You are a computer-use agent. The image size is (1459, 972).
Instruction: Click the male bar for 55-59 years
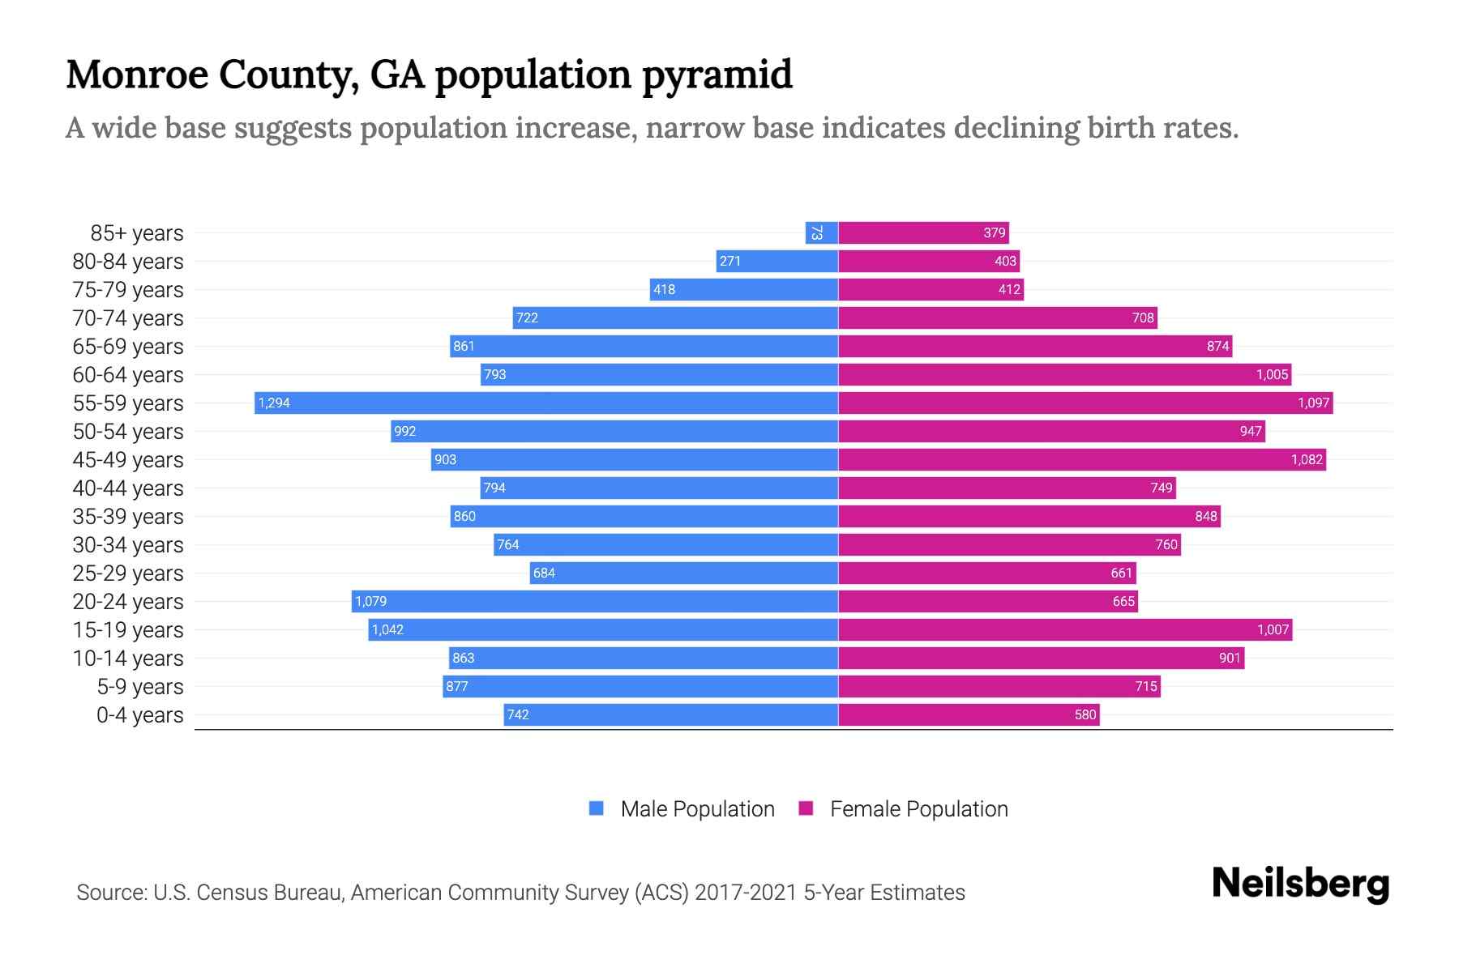(546, 403)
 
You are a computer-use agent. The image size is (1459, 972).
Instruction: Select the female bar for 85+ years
(923, 232)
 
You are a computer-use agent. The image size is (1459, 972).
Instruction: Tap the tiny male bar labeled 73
(821, 232)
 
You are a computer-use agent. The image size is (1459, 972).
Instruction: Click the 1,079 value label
(371, 601)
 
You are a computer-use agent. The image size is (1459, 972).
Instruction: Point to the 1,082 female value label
(1307, 459)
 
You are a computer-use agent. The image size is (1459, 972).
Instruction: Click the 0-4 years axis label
(139, 714)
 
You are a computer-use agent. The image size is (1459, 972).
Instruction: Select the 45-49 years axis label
(128, 459)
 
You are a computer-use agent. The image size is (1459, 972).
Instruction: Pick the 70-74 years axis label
(128, 318)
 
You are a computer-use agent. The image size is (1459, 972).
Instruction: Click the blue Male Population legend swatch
(597, 808)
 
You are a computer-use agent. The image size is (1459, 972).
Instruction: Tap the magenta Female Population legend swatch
(806, 808)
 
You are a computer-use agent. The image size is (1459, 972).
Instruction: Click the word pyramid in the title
(717, 75)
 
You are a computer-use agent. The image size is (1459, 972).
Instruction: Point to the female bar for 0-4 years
(969, 714)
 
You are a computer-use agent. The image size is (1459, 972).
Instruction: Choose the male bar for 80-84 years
(777, 261)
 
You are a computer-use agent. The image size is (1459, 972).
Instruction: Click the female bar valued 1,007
(1065, 629)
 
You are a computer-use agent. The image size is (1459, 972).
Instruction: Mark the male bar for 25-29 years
(683, 573)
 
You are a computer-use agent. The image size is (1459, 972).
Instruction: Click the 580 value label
(1085, 714)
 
